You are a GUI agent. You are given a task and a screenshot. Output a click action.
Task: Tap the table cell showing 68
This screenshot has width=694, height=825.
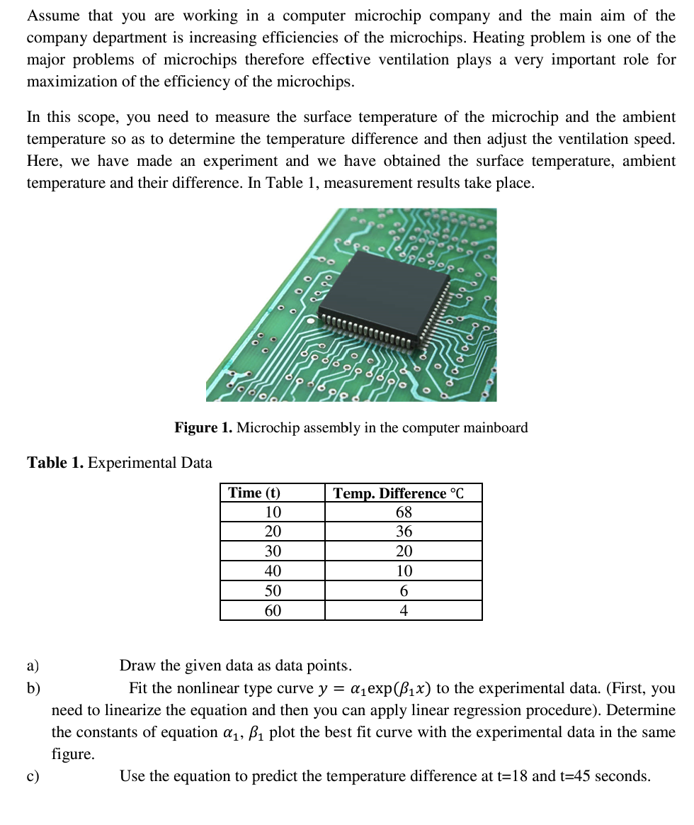click(404, 512)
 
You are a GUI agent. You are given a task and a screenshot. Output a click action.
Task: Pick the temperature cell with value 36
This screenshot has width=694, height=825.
click(404, 532)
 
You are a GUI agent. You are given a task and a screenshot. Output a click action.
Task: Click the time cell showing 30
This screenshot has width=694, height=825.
click(273, 551)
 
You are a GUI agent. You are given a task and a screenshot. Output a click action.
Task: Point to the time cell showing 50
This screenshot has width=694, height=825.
click(273, 591)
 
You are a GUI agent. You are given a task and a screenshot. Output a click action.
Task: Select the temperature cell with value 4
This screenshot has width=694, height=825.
click(404, 611)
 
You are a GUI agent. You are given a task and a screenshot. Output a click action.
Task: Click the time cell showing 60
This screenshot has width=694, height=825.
click(273, 611)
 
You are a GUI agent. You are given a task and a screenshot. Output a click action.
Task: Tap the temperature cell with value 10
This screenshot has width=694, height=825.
click(404, 571)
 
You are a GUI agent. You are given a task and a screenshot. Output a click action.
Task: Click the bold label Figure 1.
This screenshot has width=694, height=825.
click(203, 428)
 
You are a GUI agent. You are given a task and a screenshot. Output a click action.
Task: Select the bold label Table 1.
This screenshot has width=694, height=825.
click(55, 464)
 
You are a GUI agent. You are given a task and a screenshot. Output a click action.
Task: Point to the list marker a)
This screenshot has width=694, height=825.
click(33, 666)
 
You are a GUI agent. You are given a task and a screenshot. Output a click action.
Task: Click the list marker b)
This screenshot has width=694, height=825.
click(33, 688)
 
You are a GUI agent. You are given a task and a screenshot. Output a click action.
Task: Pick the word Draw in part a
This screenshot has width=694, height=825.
click(138, 666)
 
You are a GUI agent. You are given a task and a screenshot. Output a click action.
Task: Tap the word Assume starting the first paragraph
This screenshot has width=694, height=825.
click(53, 16)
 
